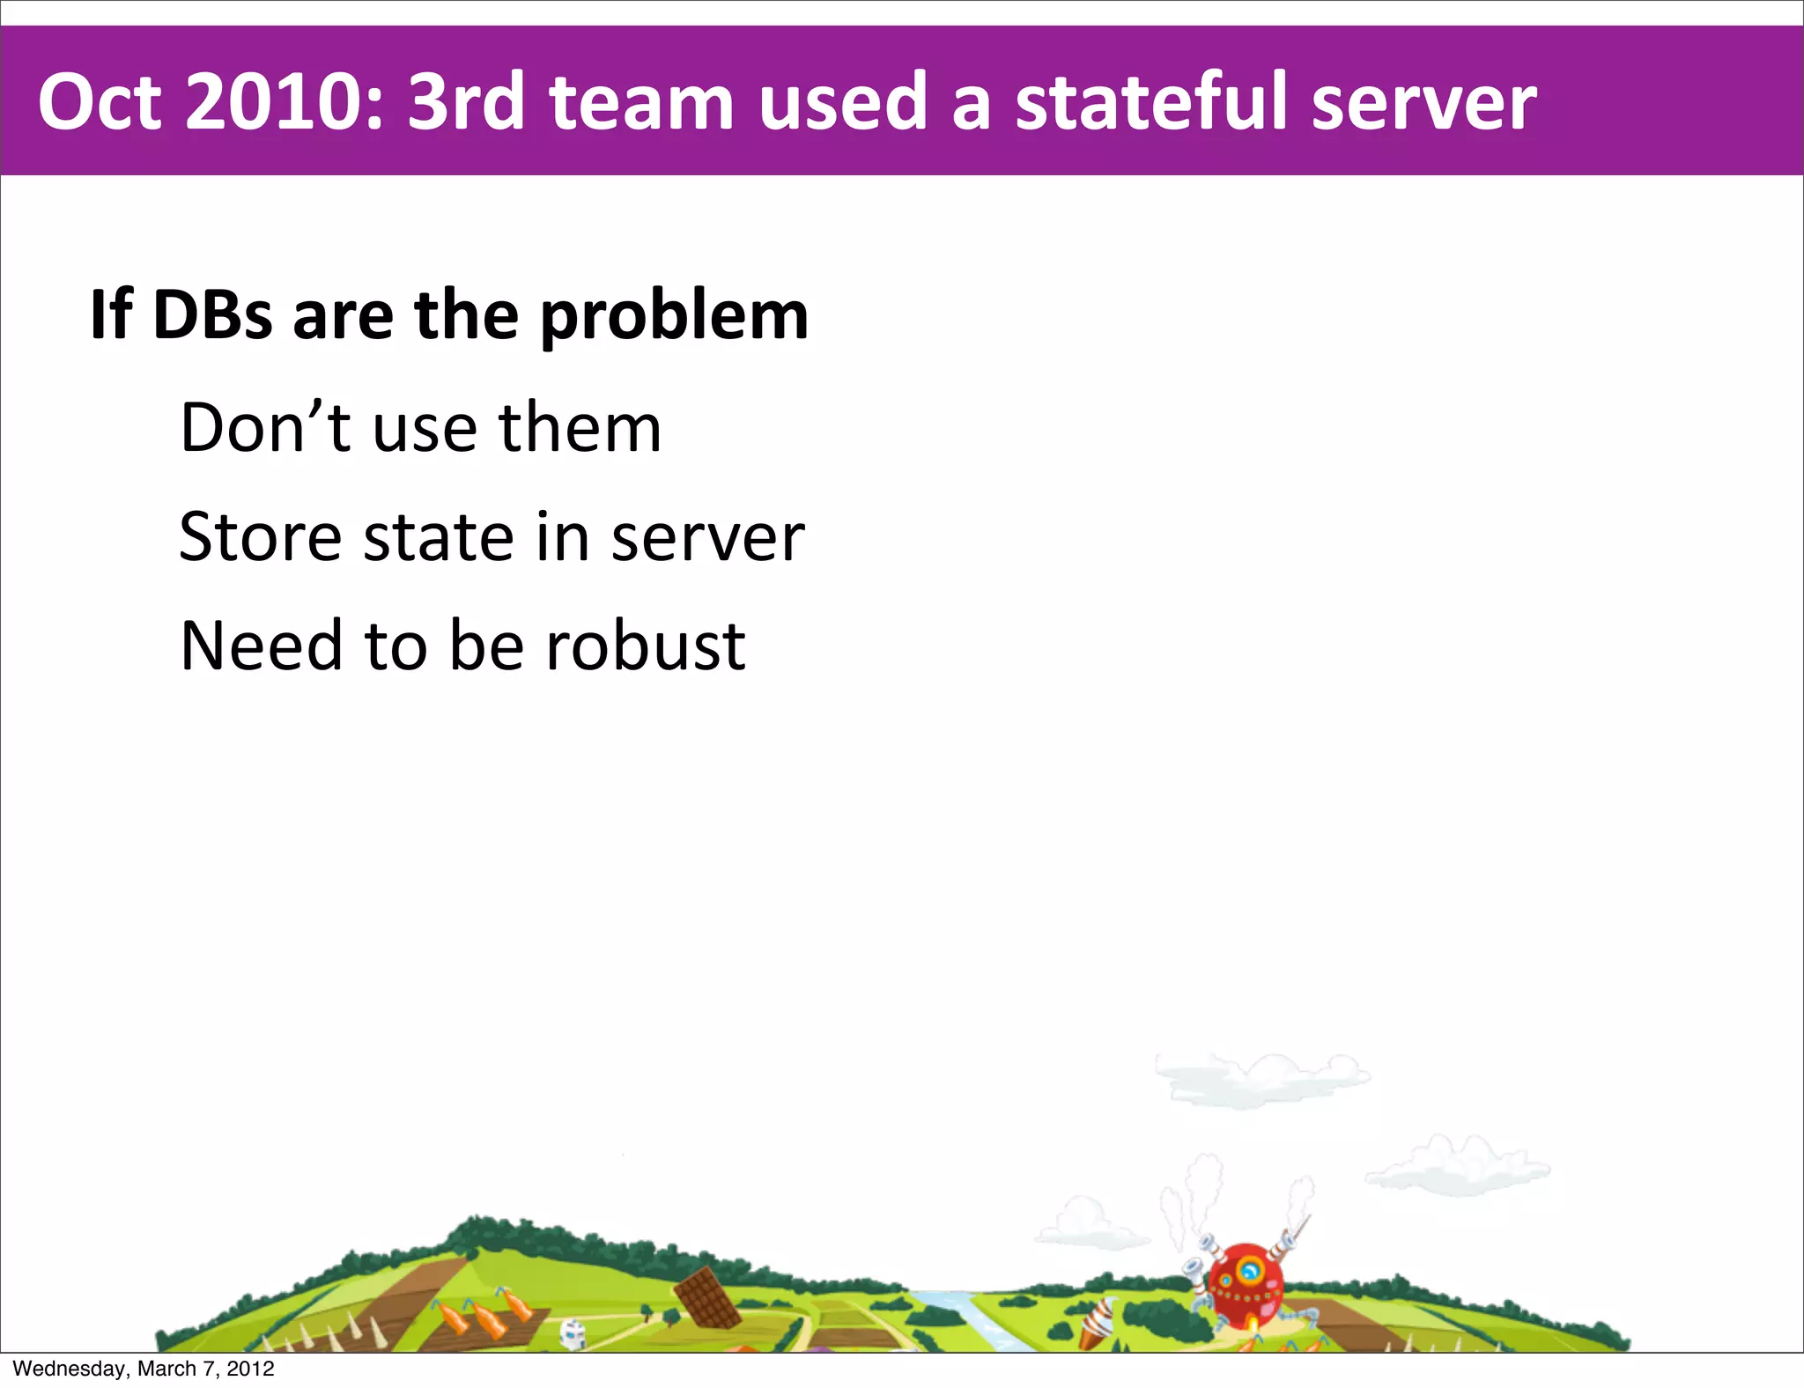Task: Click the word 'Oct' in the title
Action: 100,102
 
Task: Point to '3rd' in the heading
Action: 466,102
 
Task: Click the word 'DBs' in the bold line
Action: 212,315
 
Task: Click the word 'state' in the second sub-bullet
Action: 439,538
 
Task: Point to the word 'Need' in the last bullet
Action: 261,646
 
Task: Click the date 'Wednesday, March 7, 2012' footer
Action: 144,1369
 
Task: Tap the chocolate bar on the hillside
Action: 707,1297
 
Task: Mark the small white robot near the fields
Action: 573,1332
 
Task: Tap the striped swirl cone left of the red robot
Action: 1097,1320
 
